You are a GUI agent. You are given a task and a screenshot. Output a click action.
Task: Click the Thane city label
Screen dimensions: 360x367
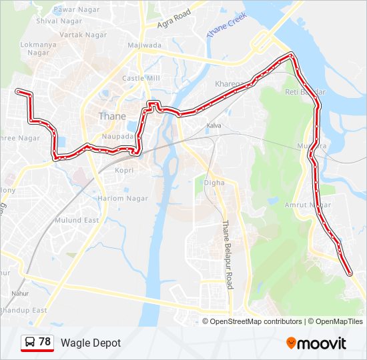(111, 116)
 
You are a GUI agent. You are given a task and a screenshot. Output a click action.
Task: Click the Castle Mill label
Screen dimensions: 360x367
(141, 78)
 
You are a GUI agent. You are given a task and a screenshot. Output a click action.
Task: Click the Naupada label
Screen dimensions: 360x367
(118, 137)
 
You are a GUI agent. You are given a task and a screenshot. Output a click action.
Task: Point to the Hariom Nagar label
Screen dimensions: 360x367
(123, 198)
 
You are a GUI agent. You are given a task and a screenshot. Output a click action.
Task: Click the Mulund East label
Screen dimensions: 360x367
(76, 220)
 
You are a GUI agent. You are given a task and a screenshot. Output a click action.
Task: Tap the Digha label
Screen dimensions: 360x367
(214, 182)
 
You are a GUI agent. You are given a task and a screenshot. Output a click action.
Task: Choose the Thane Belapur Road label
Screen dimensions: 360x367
(228, 255)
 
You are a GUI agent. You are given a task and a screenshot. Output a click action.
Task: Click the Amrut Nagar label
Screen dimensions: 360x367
(308, 205)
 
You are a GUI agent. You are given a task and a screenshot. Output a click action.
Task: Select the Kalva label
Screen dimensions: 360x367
(214, 125)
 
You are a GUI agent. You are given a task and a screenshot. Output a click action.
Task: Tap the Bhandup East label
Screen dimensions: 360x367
(23, 310)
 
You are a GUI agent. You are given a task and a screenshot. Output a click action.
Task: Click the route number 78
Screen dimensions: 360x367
(45, 342)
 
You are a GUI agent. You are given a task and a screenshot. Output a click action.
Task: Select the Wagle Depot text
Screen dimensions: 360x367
(91, 343)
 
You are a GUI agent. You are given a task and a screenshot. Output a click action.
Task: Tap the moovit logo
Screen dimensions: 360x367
(316, 343)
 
